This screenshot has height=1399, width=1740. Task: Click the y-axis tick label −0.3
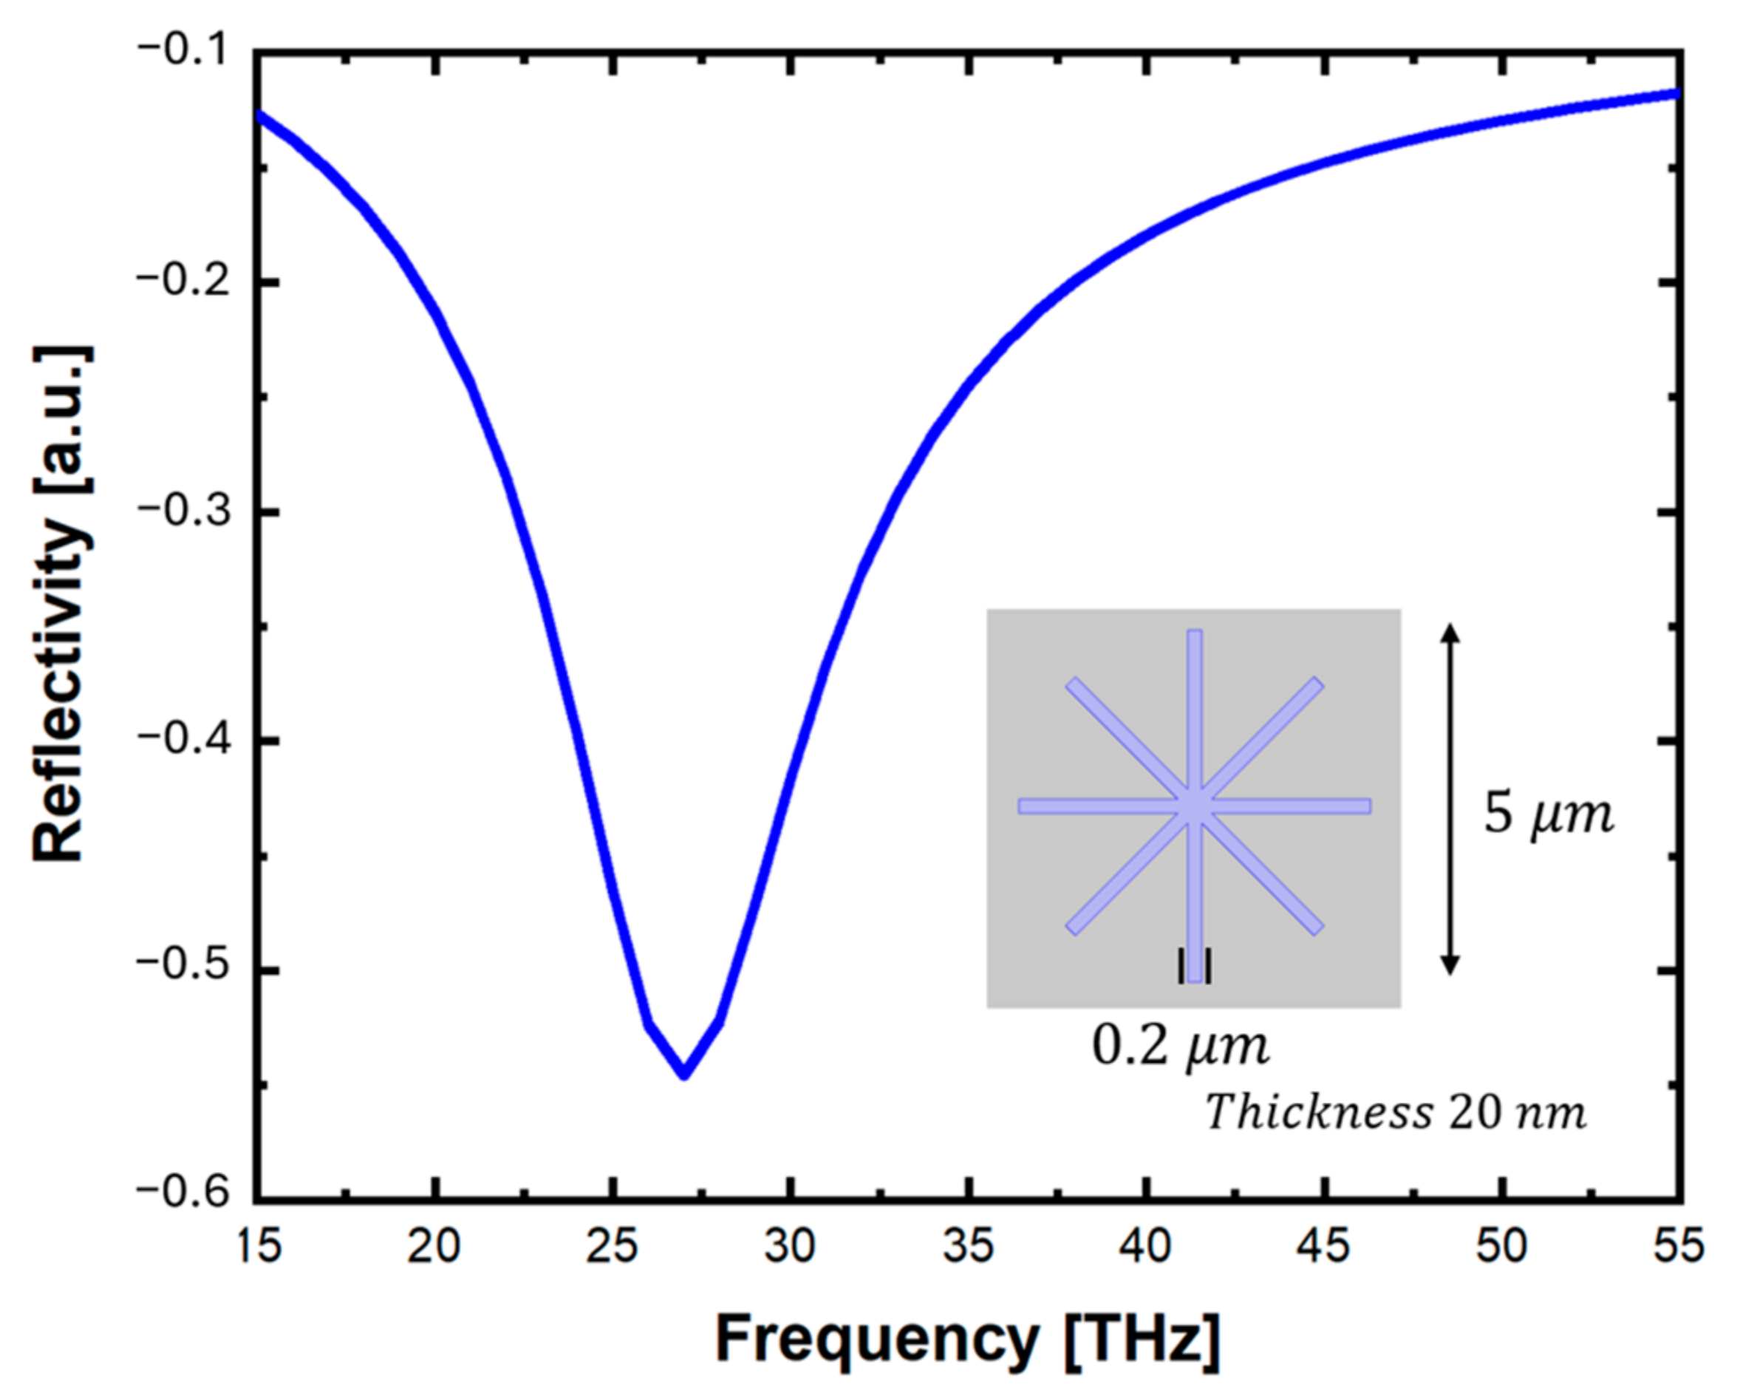click(187, 512)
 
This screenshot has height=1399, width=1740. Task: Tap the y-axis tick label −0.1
click(187, 50)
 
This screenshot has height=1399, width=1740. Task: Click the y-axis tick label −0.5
click(187, 967)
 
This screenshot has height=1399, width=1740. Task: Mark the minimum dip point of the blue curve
click(684, 1075)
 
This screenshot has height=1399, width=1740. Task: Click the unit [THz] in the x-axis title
click(1143, 1338)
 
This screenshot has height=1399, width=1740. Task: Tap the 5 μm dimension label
click(1548, 814)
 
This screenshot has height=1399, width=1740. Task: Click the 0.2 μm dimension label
click(1180, 1047)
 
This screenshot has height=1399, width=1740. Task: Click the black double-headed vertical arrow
click(1450, 800)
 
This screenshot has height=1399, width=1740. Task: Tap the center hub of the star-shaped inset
click(1195, 806)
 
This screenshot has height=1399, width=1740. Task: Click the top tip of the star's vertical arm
click(1195, 633)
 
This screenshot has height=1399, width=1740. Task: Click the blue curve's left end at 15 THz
click(259, 115)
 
